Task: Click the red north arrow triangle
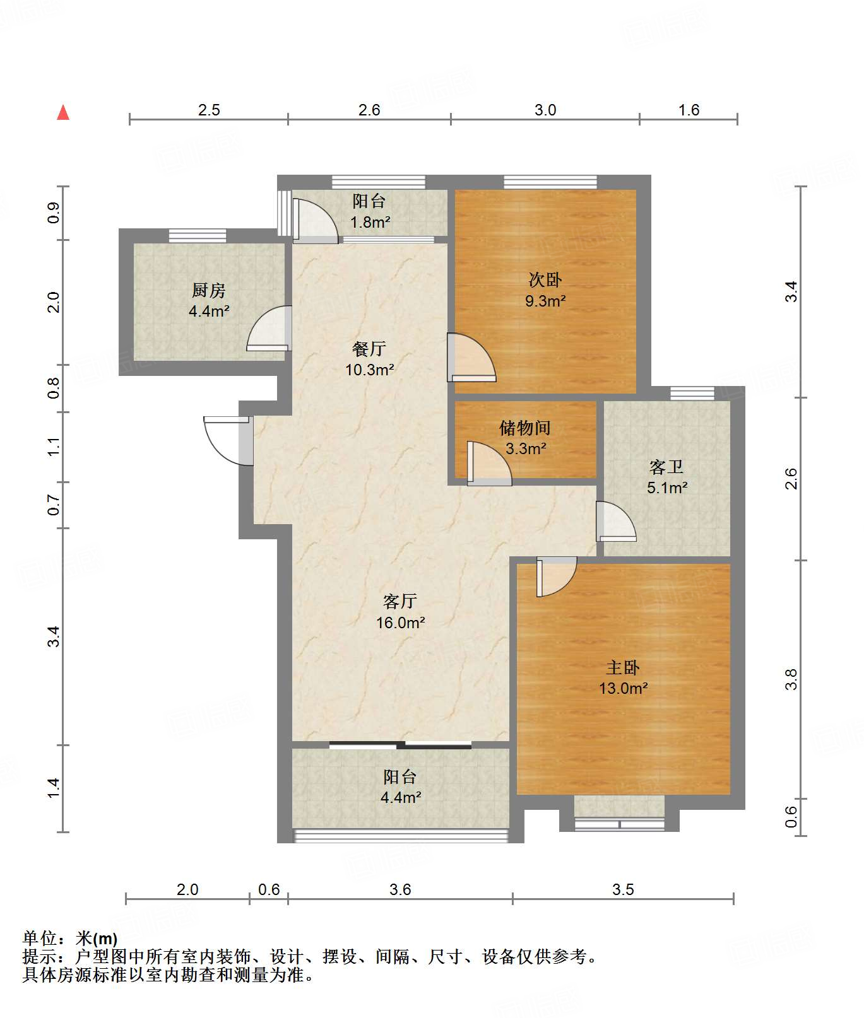pos(63,112)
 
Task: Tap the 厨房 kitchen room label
pos(208,290)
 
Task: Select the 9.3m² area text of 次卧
pos(545,301)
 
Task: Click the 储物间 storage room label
pos(525,428)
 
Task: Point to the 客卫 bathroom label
pos(666,467)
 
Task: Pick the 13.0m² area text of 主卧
pos(624,688)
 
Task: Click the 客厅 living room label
pos(400,601)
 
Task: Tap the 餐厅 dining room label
pos(369,348)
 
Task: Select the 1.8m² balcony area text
pos(370,222)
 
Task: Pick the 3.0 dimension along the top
pos(545,110)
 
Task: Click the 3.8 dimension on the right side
pos(791,679)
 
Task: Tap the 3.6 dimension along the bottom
pos(400,889)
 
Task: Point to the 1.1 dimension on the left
pos(54,447)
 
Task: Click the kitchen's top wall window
pos(198,235)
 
